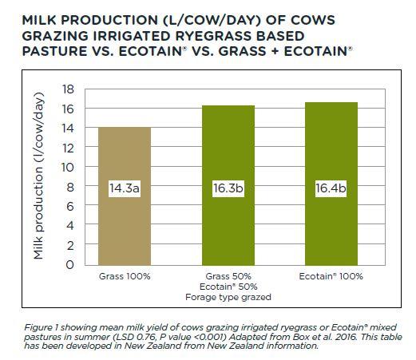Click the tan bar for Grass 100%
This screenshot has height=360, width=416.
coord(125,196)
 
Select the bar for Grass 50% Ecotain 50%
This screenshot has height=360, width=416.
coord(228,185)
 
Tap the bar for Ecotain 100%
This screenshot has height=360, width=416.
coord(331,184)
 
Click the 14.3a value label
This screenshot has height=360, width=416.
coord(125,188)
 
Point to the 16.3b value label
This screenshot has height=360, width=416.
coord(228,188)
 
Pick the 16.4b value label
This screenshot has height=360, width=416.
coord(331,188)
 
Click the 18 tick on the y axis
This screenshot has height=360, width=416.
coord(68,89)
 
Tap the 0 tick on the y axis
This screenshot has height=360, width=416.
coord(69,265)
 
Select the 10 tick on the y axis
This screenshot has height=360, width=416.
coord(68,168)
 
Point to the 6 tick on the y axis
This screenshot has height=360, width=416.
coord(70,207)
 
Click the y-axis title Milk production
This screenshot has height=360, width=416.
coord(38,176)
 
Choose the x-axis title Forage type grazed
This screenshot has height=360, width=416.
coord(228,297)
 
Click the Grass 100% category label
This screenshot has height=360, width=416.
coord(125,276)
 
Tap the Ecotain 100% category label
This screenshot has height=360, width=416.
coord(331,276)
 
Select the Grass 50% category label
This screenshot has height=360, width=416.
coord(228,276)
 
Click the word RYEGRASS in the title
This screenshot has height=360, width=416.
coord(212,36)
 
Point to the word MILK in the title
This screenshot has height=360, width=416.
coord(40,20)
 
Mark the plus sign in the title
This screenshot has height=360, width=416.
coord(275,51)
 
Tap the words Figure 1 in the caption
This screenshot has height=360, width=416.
coord(42,327)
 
